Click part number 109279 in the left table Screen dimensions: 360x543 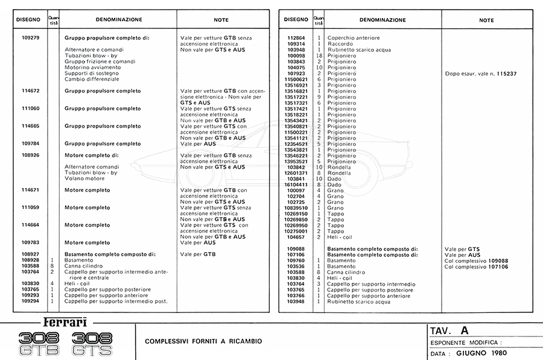pos(30,38)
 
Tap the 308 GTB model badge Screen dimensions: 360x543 pos(39,343)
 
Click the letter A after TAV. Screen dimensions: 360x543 pos(463,330)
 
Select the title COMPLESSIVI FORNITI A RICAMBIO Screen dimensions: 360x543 pos(203,341)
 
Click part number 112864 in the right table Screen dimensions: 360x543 pos(298,38)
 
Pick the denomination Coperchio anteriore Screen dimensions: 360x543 pos(354,38)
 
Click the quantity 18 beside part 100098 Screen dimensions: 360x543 pos(319,55)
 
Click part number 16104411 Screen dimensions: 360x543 pos(297,185)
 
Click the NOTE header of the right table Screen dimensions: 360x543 pos(486,20)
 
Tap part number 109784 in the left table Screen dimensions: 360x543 pos(30,144)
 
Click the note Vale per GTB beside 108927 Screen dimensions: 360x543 pos(198,254)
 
